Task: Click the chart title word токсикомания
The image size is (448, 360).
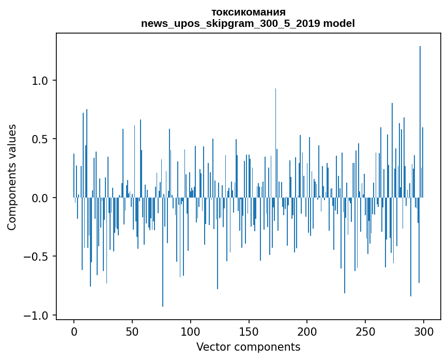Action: tap(248, 12)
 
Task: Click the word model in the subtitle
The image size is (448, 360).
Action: tap(339, 24)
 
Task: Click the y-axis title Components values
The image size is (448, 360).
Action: tap(12, 177)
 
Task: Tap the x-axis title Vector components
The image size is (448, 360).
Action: tap(248, 347)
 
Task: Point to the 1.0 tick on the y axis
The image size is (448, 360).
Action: tap(40, 81)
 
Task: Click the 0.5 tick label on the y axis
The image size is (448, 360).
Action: tap(40, 139)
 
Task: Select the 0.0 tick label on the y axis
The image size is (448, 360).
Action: tap(40, 198)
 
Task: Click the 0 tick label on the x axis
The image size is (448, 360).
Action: tap(74, 331)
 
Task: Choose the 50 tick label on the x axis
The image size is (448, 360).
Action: tap(132, 331)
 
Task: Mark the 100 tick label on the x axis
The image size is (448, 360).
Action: tap(191, 331)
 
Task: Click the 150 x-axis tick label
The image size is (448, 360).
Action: tap(249, 331)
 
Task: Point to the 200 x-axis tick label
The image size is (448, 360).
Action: tap(307, 331)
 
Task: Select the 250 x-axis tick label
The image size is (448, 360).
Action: tap(366, 331)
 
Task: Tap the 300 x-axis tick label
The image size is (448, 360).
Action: tap(424, 331)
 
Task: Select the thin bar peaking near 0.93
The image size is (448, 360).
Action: tap(275, 142)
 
